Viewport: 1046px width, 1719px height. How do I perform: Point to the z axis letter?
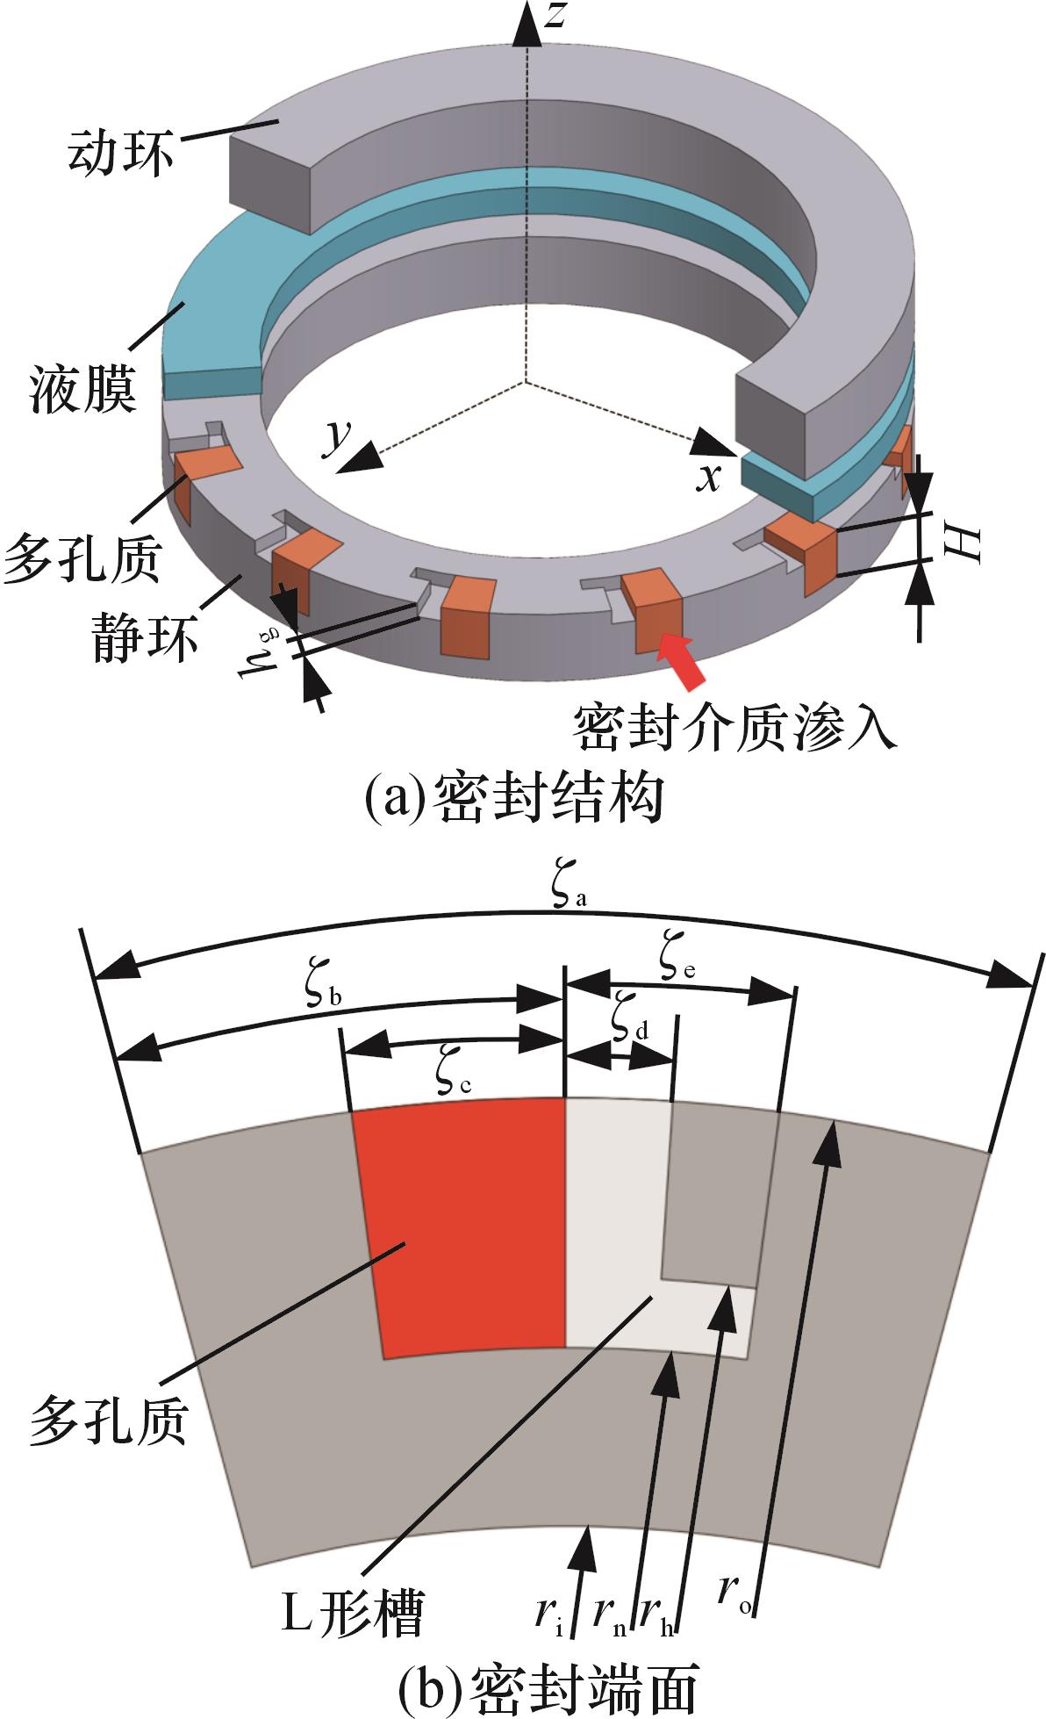(554, 16)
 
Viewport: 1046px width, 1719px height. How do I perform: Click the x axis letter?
(709, 478)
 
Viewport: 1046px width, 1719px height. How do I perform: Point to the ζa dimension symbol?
(569, 888)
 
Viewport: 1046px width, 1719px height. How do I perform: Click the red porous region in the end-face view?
(465, 1229)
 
